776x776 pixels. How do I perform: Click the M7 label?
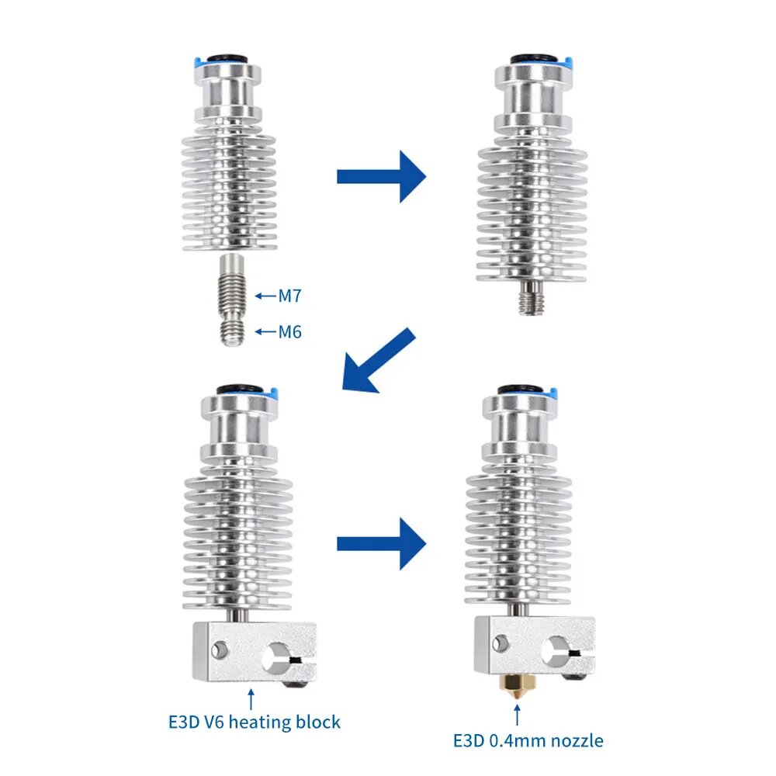289,296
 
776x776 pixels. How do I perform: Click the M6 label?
289,331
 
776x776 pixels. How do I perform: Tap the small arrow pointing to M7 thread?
265,296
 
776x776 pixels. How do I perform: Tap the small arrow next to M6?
265,331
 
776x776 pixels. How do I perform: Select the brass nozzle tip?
517,687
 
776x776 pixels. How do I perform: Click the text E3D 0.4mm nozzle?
528,741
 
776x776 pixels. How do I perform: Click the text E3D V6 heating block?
255,722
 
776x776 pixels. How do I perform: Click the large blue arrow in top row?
382,177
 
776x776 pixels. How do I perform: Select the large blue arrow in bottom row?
382,544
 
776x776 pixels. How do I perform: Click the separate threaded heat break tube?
231,300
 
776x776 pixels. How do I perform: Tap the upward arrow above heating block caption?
251,699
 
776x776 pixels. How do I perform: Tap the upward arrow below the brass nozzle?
517,715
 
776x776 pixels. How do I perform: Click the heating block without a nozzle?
255,653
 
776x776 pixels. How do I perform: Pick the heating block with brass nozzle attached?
535,646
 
